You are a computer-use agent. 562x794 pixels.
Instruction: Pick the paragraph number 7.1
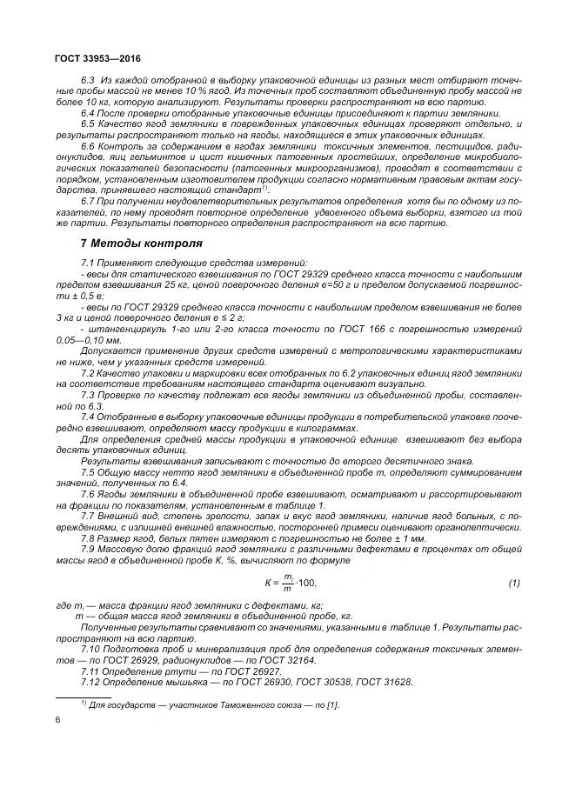coord(88,263)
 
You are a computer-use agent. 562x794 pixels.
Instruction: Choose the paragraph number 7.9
coord(88,550)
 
